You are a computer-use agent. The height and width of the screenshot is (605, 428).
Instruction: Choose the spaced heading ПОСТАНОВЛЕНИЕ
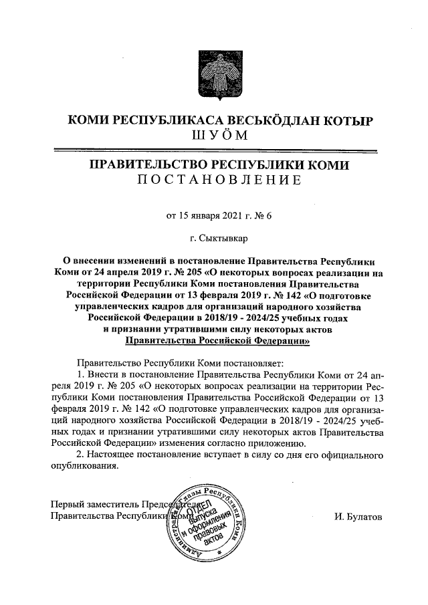(214, 180)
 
